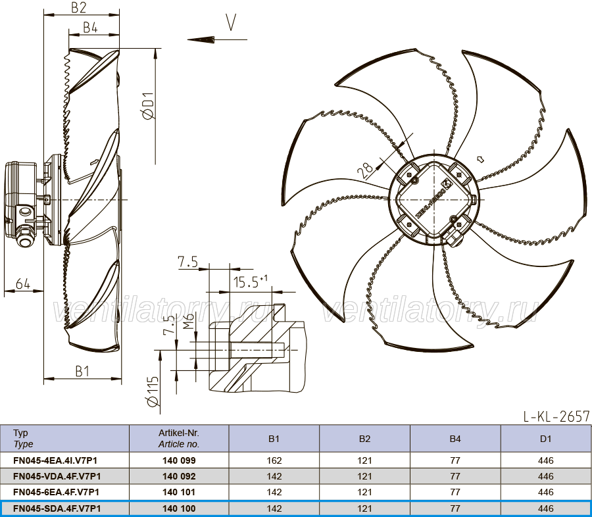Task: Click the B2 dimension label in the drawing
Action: point(78,7)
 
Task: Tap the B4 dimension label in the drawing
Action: point(90,28)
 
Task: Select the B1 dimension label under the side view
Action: point(82,371)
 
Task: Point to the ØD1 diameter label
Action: point(149,106)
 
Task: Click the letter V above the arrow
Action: point(231,22)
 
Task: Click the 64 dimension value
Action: point(22,283)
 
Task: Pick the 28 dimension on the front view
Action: point(366,170)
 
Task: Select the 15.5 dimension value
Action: point(246,282)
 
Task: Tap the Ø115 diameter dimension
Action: point(153,391)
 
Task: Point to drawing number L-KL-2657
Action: point(556,416)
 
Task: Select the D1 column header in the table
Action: point(545,439)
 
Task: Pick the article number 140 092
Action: point(179,476)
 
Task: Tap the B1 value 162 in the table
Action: point(274,460)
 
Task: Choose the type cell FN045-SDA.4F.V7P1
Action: point(57,508)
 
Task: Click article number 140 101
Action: point(179,492)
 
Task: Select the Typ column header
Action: point(20,433)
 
